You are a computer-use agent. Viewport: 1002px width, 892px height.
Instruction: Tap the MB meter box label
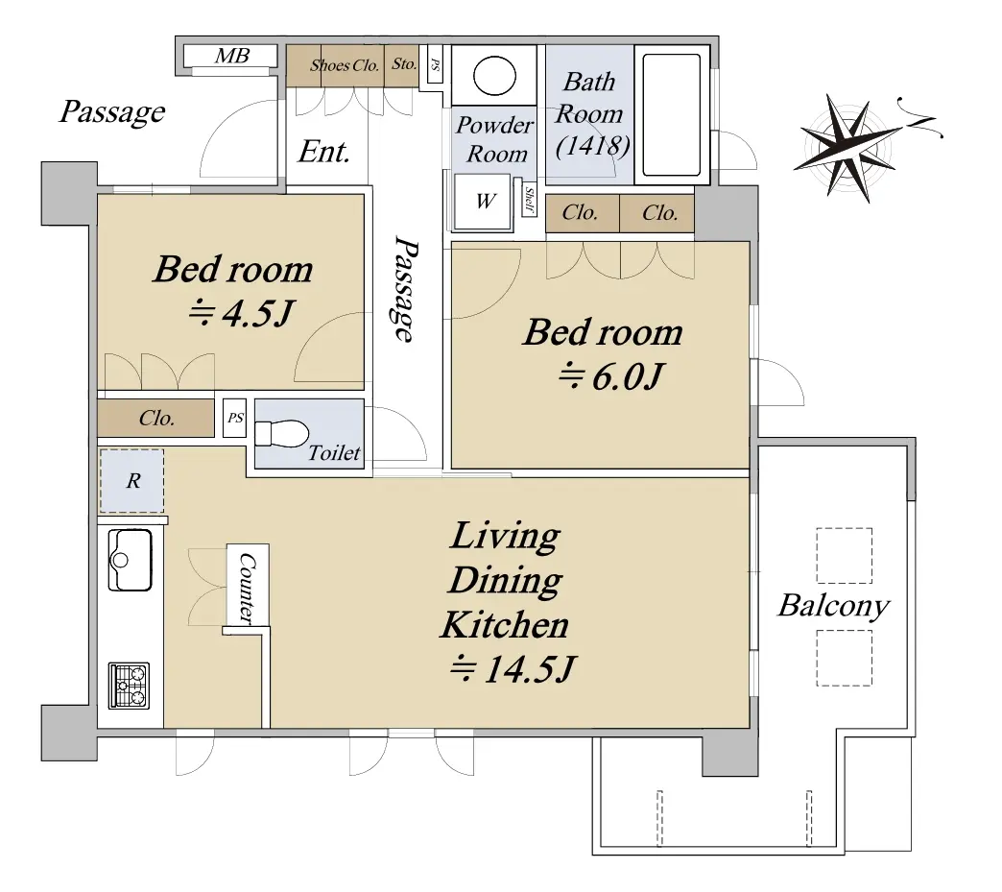tap(232, 57)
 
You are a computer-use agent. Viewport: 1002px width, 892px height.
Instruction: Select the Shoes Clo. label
tap(345, 65)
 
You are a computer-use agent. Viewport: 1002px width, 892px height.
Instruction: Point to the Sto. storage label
tap(404, 64)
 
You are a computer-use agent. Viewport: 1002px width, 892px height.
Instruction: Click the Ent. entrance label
tap(324, 152)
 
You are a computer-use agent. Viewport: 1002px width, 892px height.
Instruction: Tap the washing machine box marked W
tap(484, 202)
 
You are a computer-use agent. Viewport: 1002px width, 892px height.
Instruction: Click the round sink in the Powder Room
tap(494, 76)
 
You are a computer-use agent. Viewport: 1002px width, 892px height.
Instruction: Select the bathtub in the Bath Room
tap(672, 115)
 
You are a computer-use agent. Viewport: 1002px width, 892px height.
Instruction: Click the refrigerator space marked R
tap(131, 481)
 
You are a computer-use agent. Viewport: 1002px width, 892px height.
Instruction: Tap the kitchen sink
tap(131, 560)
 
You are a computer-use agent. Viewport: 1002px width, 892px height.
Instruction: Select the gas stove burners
tap(129, 686)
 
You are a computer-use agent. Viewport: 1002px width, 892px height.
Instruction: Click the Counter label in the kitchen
tap(248, 587)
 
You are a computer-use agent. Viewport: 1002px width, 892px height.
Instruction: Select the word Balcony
tap(833, 606)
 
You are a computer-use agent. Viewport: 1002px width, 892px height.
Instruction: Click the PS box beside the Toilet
tap(235, 419)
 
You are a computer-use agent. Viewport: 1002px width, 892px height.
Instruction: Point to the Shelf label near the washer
tap(529, 200)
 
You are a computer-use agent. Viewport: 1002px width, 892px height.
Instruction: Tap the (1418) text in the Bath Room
tap(593, 147)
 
